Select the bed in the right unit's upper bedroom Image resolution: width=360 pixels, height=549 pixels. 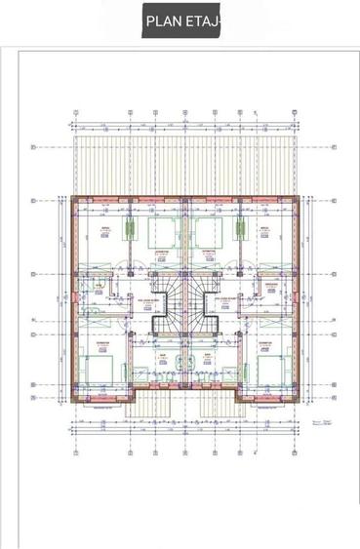(x=207, y=234)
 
